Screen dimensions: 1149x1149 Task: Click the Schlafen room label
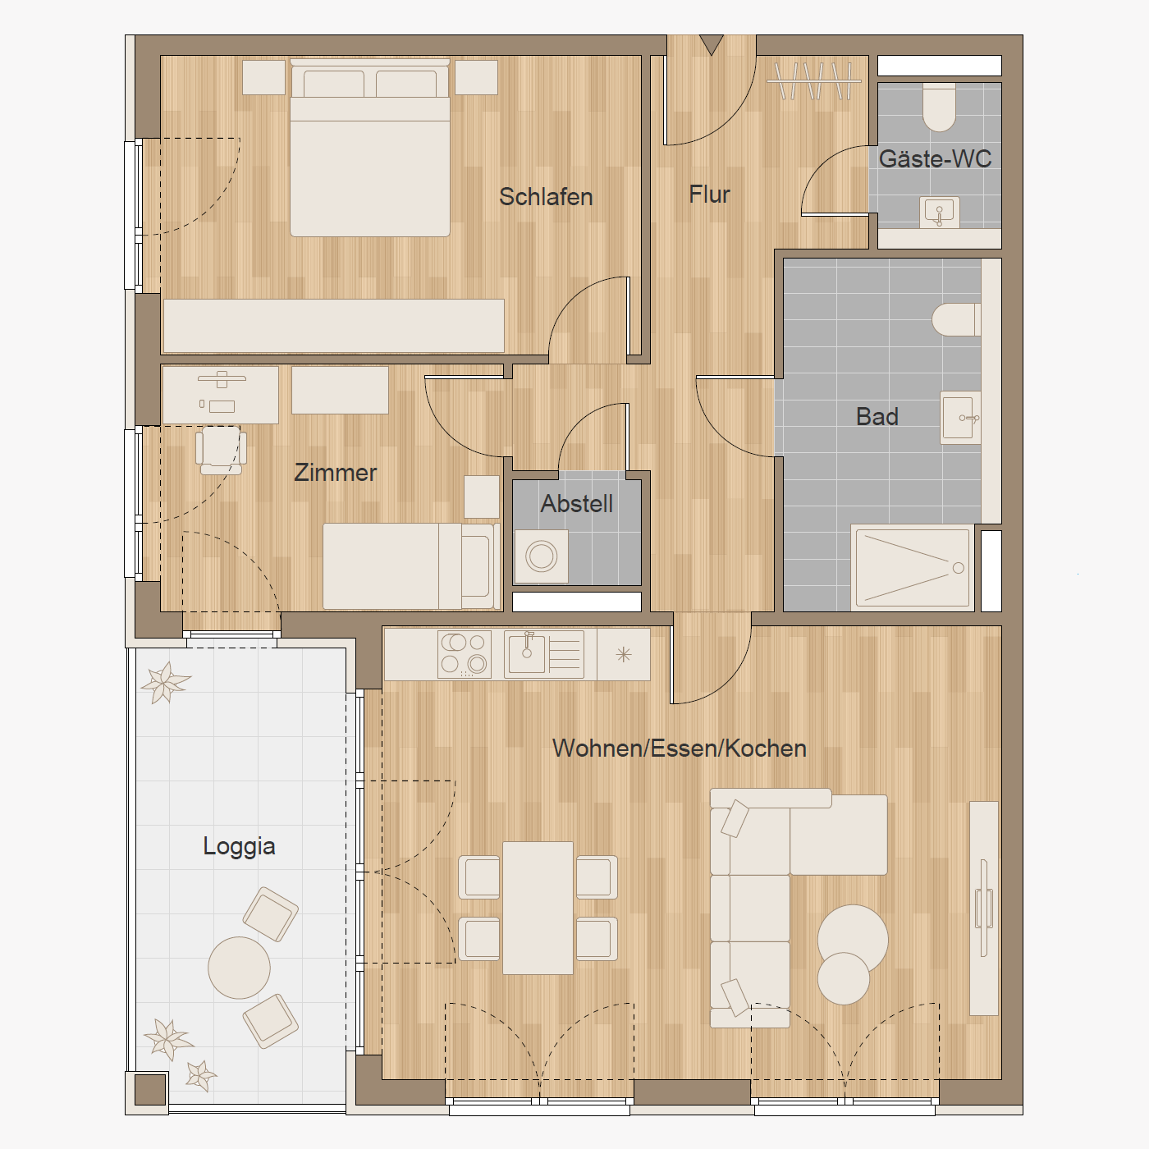tap(546, 197)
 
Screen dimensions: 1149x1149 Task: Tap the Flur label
tap(709, 195)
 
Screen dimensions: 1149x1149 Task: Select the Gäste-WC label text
tap(935, 158)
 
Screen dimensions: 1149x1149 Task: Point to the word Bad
tap(877, 416)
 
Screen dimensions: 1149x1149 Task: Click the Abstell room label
tap(577, 504)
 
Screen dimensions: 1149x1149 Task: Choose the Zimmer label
tap(335, 473)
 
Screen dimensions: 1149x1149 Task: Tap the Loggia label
tap(239, 847)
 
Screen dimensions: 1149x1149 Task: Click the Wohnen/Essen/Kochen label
tap(680, 748)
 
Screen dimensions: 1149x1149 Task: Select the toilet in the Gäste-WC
tap(939, 107)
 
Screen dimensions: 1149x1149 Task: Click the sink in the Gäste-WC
tap(939, 213)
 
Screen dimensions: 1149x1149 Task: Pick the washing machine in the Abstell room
tap(541, 556)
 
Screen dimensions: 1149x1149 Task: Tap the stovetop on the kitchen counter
tap(465, 655)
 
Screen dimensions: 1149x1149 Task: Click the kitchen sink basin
tap(527, 653)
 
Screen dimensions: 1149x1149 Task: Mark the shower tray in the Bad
tap(913, 568)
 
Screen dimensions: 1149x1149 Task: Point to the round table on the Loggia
tap(239, 968)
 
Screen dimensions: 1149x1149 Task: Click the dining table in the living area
tap(538, 908)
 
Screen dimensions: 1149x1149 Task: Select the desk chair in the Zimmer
tap(222, 451)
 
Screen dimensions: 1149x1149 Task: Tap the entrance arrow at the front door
tap(712, 44)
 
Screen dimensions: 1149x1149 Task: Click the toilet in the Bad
tap(956, 319)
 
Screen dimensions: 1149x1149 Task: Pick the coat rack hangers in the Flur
tap(814, 80)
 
